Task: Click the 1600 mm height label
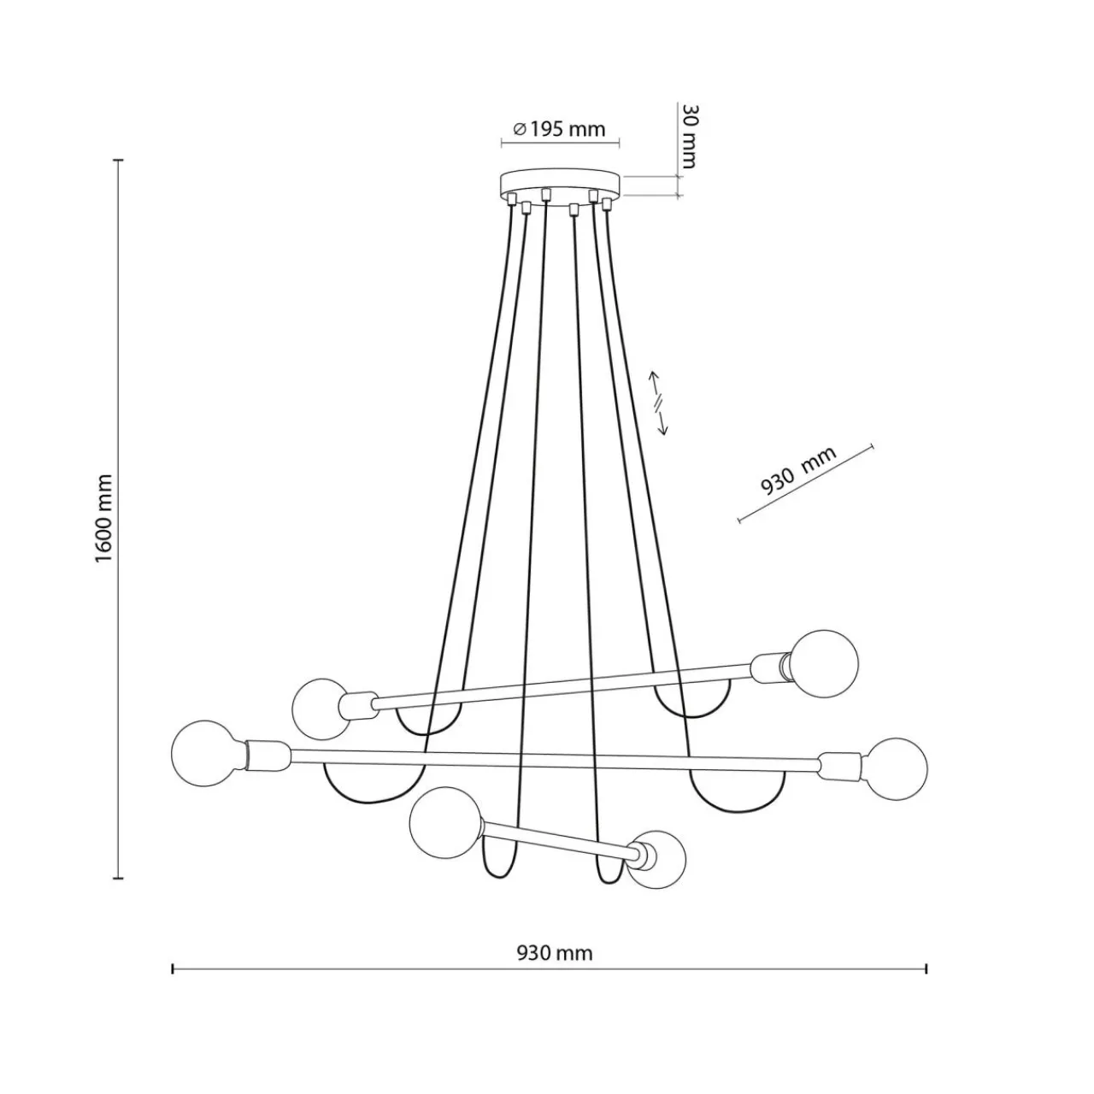coord(104,519)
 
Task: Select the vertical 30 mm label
coord(688,137)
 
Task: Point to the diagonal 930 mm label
coord(798,471)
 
